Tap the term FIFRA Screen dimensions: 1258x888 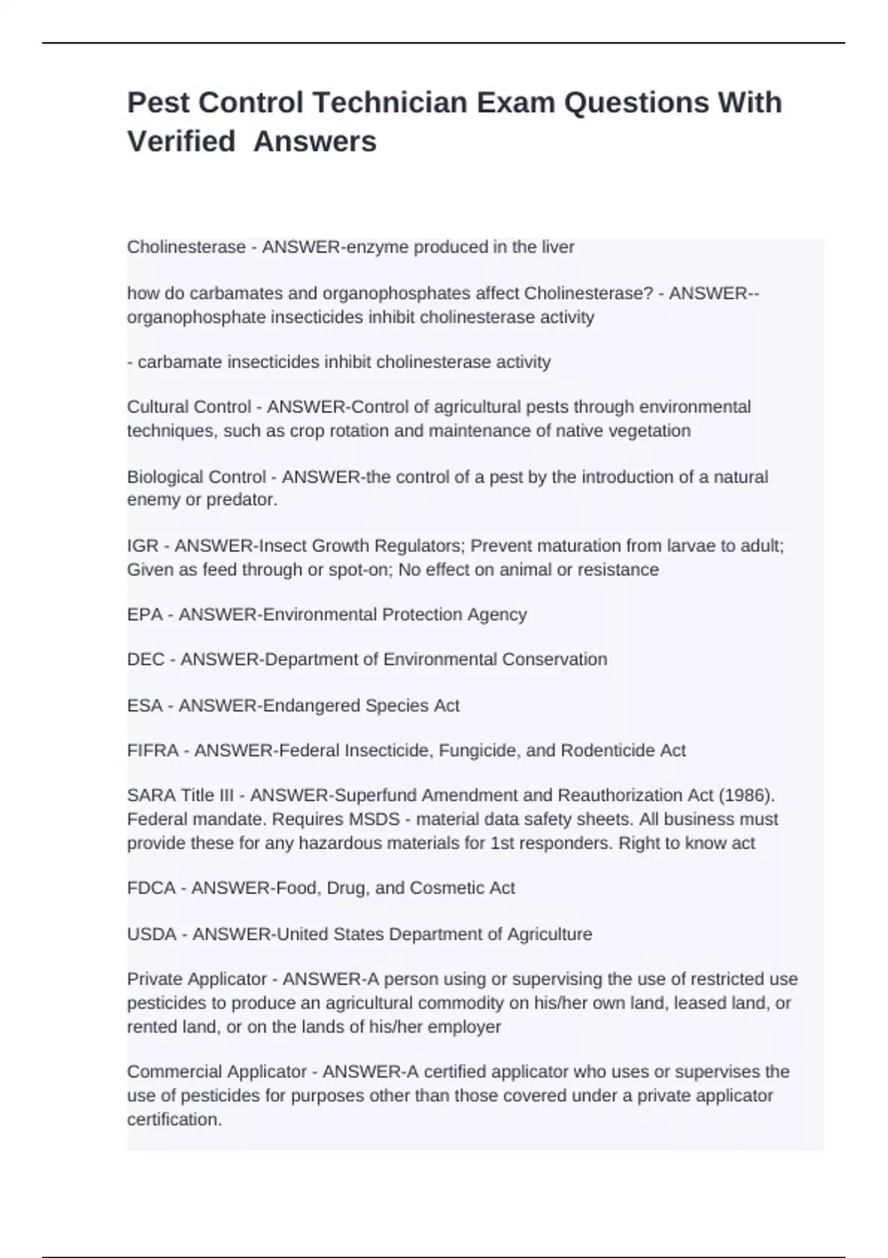153,750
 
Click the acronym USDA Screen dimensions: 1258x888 152,934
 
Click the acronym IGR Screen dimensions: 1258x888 143,546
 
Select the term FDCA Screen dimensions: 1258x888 151,888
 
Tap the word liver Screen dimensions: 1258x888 558,247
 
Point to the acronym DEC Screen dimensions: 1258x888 146,659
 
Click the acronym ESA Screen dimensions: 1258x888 144,705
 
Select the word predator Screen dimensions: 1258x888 240,500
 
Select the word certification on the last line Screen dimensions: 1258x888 174,1119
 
